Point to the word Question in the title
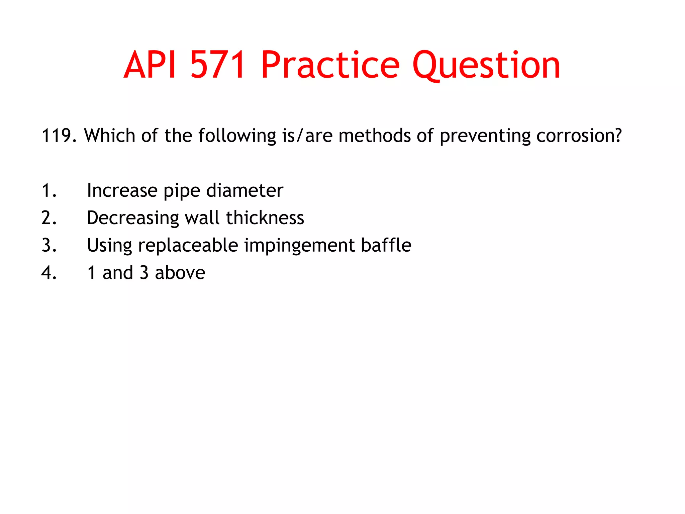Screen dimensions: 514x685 click(486, 65)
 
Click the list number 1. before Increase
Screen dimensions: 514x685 click(49, 190)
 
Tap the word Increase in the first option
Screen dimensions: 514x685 click(122, 190)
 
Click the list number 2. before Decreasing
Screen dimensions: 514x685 click(49, 218)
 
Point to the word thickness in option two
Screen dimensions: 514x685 click(265, 218)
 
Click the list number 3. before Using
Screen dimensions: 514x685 click(49, 245)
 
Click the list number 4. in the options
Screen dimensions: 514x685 click(49, 273)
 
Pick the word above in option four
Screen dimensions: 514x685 click(180, 273)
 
